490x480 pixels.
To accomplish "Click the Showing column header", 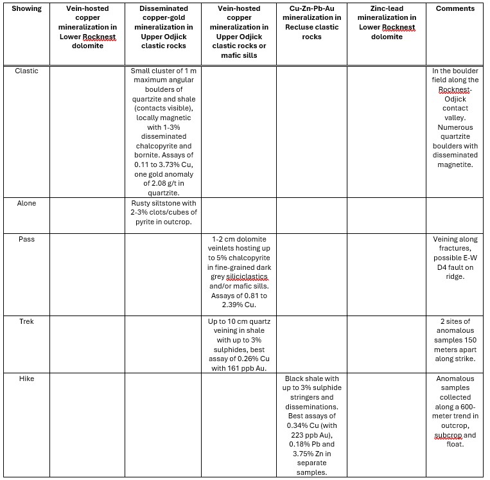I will tap(26, 8).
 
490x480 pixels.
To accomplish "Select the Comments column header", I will tap(455, 8).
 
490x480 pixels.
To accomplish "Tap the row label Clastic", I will tap(26, 71).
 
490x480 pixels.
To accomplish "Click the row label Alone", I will tap(26, 203).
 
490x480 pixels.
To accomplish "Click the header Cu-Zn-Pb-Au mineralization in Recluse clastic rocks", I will tap(311, 22).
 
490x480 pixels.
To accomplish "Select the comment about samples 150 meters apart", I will tap(455, 340).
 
